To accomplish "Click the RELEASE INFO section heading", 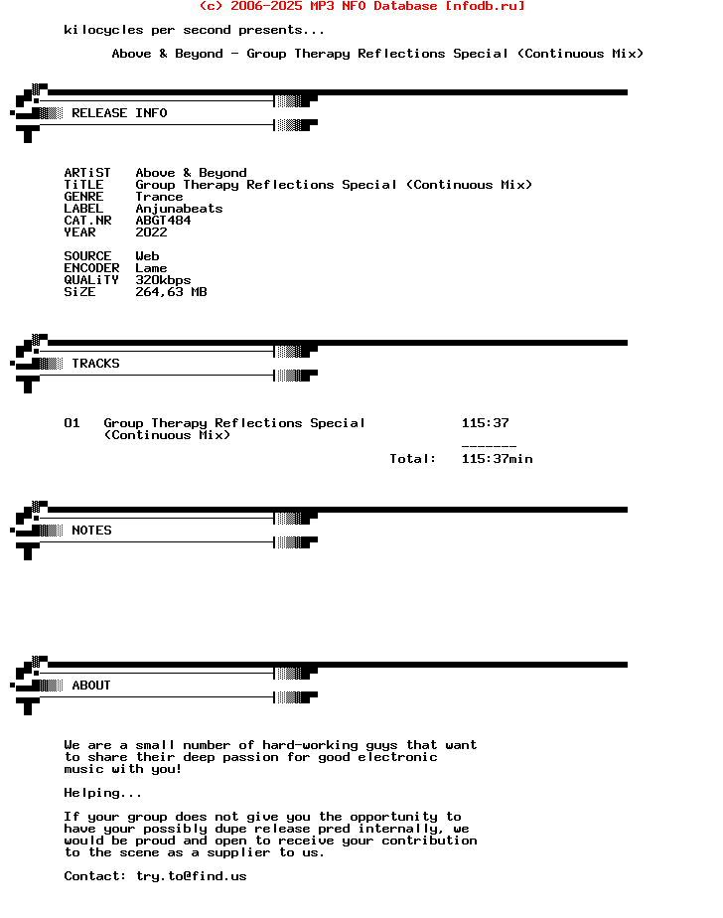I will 119,113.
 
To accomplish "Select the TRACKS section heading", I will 95,364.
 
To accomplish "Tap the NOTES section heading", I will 91,531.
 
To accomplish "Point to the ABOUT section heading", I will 91,686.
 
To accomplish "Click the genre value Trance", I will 159,197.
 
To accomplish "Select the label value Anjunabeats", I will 179,209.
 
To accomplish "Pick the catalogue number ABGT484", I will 163,221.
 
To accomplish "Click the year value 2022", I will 151,232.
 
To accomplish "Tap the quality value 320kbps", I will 163,280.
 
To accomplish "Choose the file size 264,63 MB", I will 171,292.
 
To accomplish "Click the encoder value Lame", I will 151,268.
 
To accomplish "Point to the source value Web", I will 147,256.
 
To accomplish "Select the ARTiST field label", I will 87,173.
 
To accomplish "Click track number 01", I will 72,423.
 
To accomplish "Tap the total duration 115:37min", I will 497,459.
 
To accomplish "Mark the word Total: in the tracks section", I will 413,459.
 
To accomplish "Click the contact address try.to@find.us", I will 191,876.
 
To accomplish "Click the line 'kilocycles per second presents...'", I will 195,30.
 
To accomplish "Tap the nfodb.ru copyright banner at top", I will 362,6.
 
